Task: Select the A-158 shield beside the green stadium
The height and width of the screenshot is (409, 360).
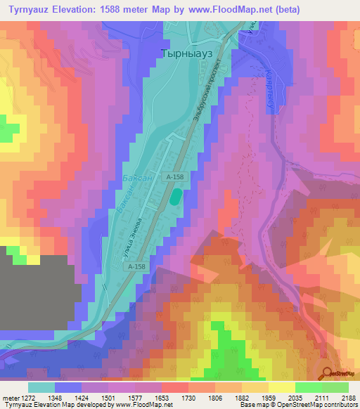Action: (175, 179)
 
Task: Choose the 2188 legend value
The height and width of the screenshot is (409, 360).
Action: (347, 398)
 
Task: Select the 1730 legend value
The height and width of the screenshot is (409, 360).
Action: (188, 398)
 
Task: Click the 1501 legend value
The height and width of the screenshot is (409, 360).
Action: (108, 398)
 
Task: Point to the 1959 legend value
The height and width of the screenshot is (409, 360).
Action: (268, 398)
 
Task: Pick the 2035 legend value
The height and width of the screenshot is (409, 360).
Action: (295, 398)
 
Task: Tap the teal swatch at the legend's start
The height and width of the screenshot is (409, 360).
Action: (41, 387)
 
